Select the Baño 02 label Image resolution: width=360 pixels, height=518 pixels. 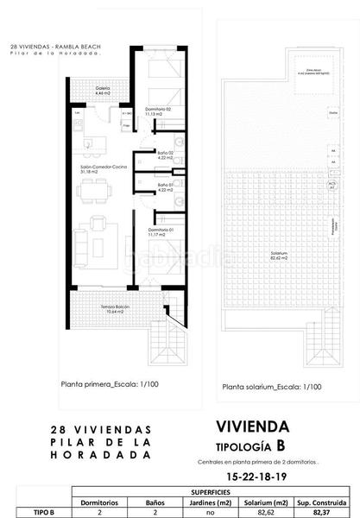pos(166,155)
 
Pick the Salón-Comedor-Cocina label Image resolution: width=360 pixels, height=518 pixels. pos(87,170)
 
